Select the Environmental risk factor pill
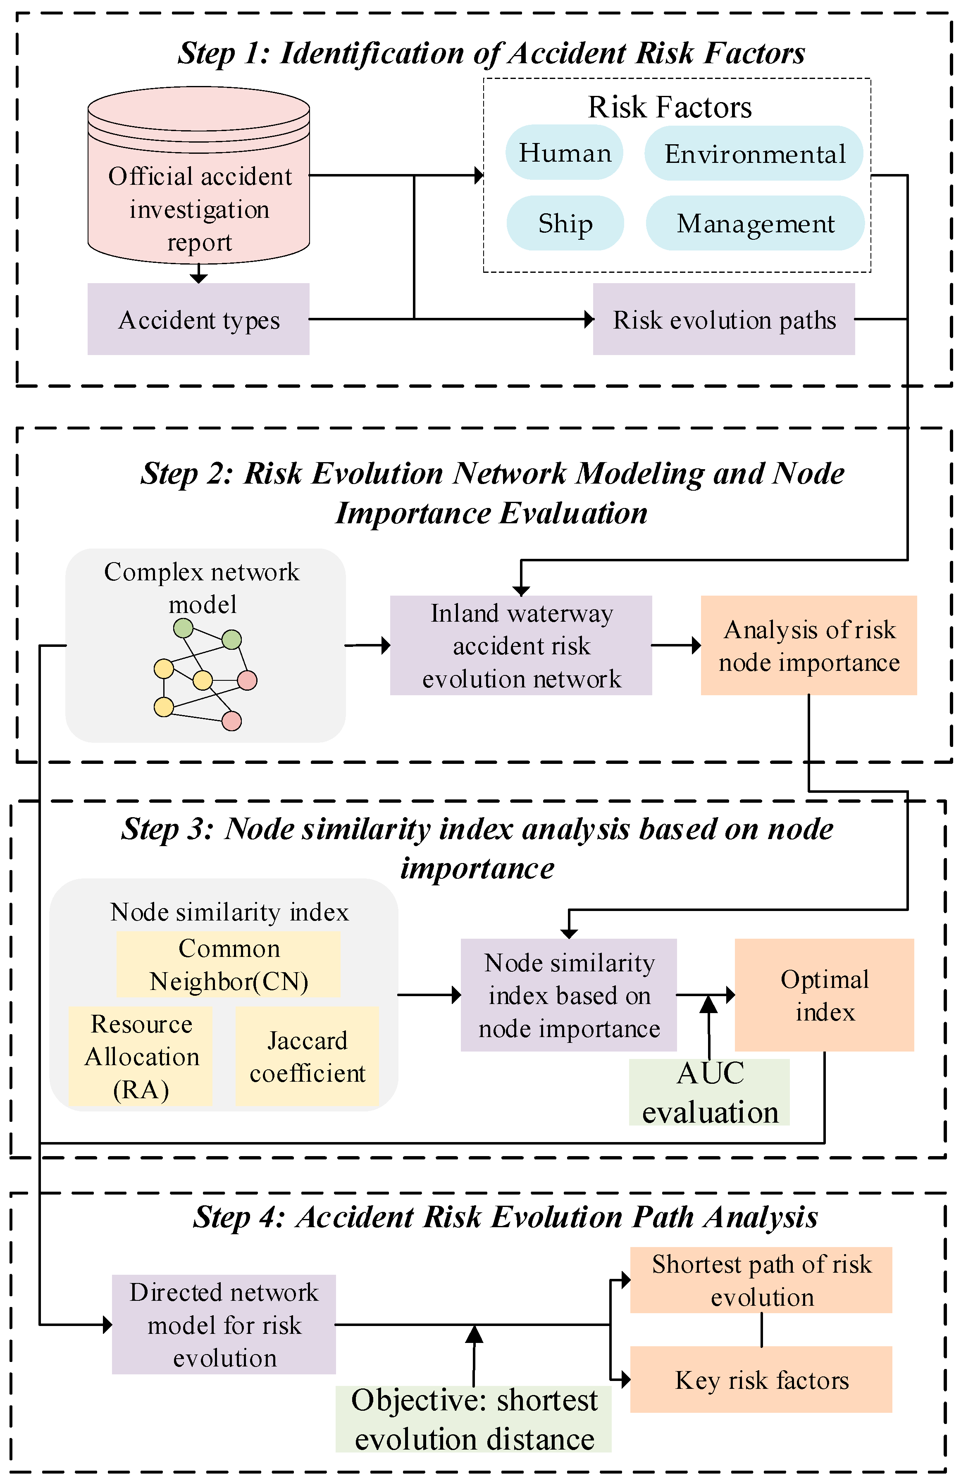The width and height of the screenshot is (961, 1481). [x=753, y=154]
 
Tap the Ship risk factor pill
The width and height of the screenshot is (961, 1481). [x=565, y=223]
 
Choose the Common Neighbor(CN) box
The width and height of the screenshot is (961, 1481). [x=229, y=964]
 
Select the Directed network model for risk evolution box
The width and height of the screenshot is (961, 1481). [x=224, y=1324]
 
